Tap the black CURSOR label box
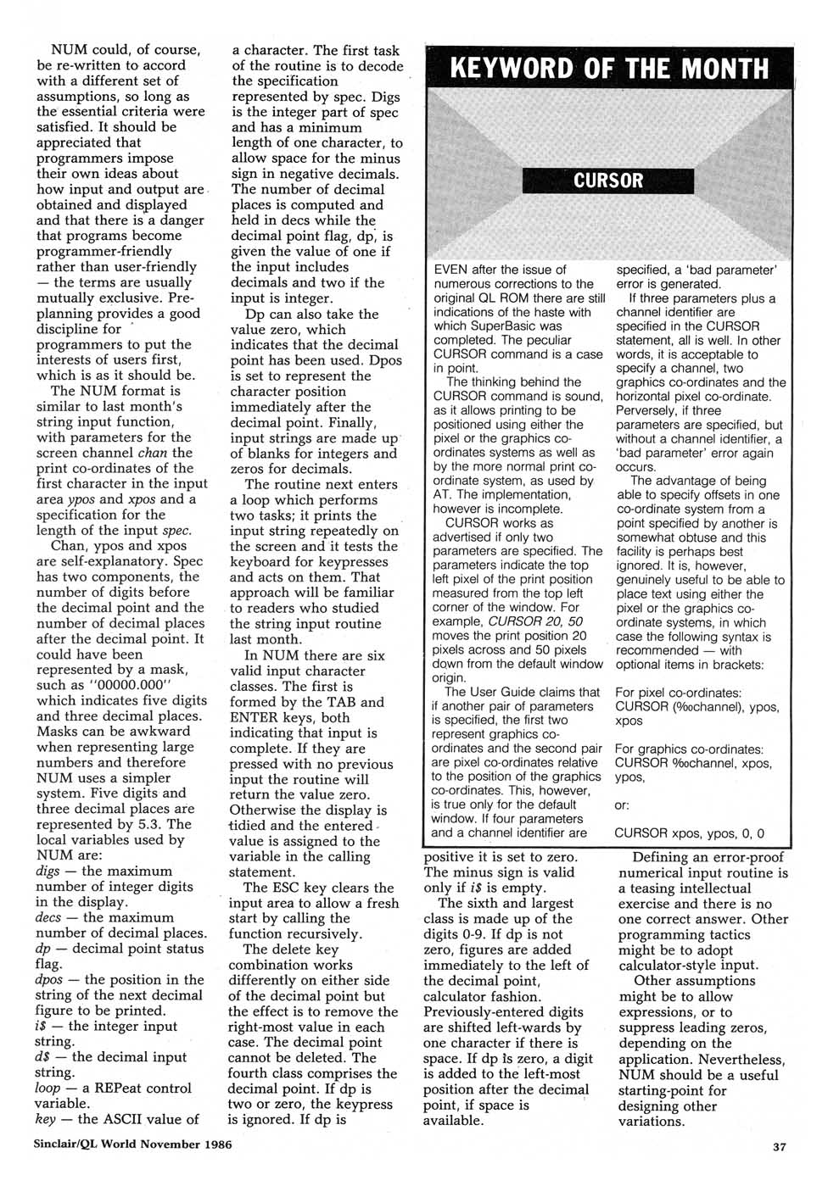607,181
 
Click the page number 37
779,1147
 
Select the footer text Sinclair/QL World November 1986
132,1144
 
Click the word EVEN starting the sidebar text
451,270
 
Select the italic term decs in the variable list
49,918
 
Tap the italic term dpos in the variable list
51,980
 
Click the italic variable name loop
48,1089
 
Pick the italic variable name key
46,1119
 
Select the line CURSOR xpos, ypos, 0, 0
689,833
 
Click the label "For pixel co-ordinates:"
678,693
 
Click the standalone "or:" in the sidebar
622,805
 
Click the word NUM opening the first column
69,50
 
